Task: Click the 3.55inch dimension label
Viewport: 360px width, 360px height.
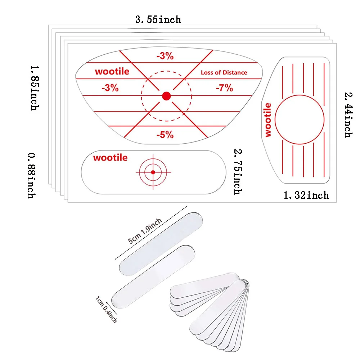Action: click(x=158, y=19)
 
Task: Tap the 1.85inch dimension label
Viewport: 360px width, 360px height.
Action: click(x=34, y=87)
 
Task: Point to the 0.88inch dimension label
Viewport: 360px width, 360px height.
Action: click(x=31, y=175)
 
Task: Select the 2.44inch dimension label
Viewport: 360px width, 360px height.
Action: click(x=348, y=114)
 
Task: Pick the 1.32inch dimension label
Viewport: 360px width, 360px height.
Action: click(x=306, y=195)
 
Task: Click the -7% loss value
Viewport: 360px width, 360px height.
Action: click(x=224, y=87)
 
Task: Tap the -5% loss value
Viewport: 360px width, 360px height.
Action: click(x=165, y=135)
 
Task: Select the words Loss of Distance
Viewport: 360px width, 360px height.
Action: click(x=224, y=72)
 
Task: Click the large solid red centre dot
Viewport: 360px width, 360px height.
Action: click(x=166, y=96)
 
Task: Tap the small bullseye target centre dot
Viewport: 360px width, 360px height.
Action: click(x=153, y=172)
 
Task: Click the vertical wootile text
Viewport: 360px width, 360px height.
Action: click(x=268, y=120)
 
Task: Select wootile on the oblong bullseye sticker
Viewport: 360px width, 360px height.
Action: click(x=110, y=158)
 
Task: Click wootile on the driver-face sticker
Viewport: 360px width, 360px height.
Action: click(x=112, y=71)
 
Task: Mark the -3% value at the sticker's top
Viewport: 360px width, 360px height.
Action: click(x=165, y=56)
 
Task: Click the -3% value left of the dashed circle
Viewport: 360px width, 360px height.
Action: click(x=110, y=88)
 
